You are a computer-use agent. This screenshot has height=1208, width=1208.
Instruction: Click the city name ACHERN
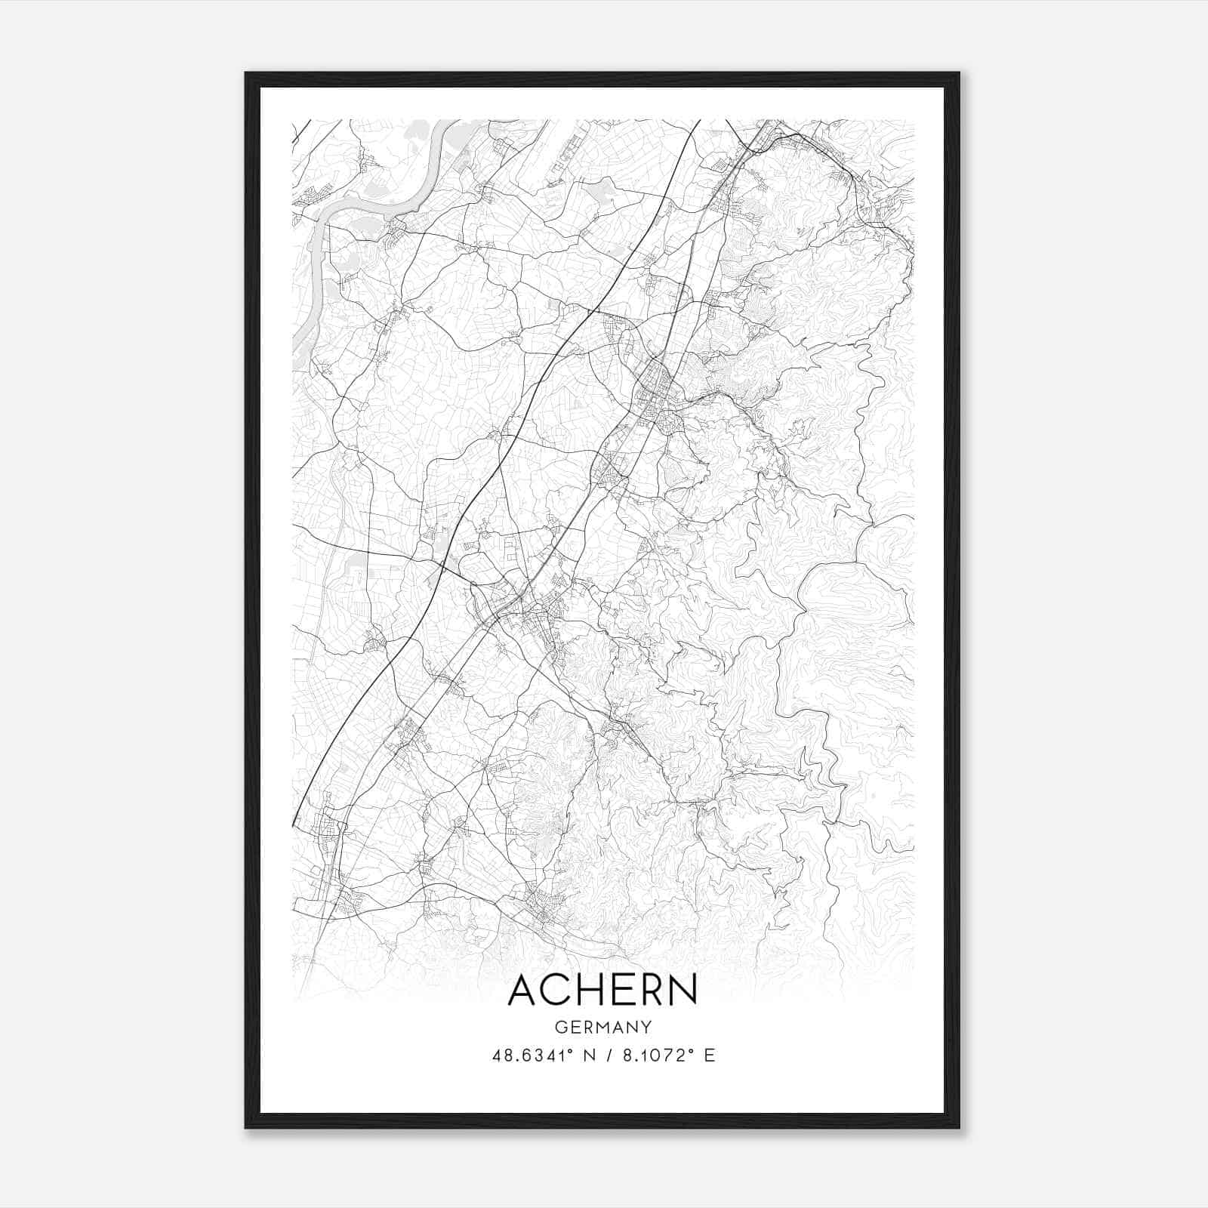[x=602, y=991]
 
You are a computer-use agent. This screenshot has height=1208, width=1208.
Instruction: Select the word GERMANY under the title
[x=602, y=1028]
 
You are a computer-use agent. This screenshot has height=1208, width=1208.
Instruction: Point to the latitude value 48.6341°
[x=533, y=1055]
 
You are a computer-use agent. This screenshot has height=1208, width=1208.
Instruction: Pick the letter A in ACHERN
[x=524, y=991]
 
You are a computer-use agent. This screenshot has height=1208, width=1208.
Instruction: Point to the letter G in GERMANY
[x=560, y=1028]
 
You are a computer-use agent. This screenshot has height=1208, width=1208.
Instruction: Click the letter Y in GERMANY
[x=646, y=1028]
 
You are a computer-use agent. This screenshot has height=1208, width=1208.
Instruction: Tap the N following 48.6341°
[x=587, y=1055]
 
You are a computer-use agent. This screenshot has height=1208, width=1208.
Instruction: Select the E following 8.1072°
[x=709, y=1055]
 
